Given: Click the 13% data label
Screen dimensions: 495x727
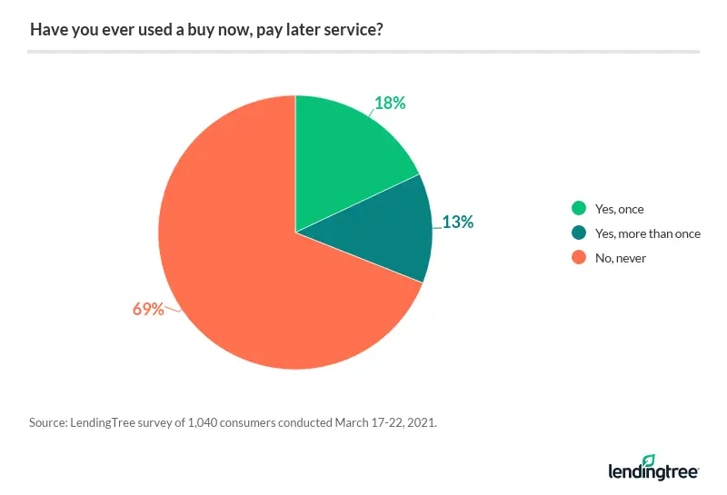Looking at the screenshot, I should [x=457, y=222].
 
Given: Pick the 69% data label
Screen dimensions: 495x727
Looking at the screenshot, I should [x=148, y=309].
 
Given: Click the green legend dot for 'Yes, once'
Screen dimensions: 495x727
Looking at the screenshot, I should [x=577, y=208].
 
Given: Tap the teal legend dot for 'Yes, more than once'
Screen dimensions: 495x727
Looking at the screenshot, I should [x=577, y=233].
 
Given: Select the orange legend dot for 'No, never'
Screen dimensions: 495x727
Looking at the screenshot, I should [x=577, y=259].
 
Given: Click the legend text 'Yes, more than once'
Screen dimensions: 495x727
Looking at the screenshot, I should [x=646, y=233].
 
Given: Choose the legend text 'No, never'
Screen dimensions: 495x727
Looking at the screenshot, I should [x=620, y=259].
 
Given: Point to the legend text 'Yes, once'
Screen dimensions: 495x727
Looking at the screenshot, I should [x=619, y=208].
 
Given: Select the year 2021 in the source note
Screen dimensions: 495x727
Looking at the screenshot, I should [x=422, y=422].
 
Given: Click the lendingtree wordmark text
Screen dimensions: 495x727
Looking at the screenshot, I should [x=652, y=471].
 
